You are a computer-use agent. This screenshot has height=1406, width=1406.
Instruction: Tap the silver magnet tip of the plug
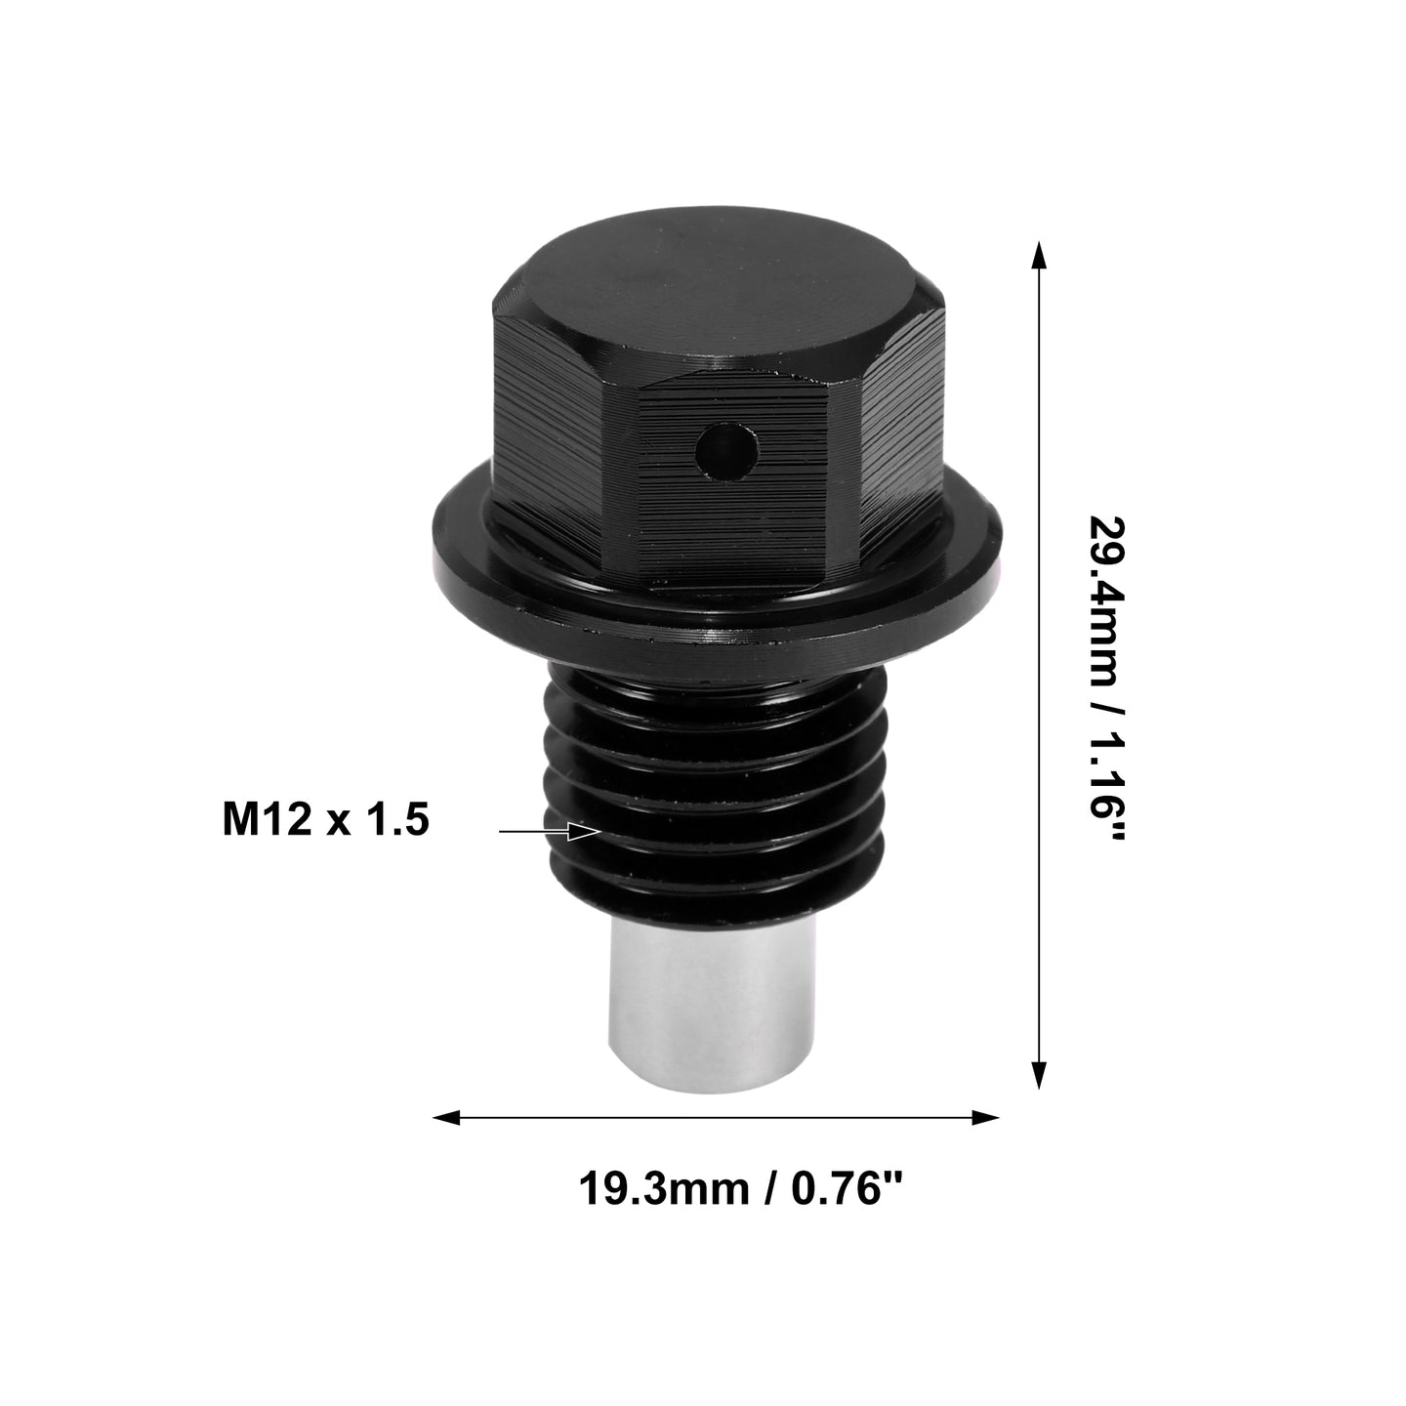pyautogui.click(x=707, y=1007)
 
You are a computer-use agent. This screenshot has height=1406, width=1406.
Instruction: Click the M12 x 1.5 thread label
pyautogui.click(x=326, y=821)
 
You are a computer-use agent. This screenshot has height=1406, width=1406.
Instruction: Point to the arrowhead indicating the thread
pyautogui.click(x=583, y=831)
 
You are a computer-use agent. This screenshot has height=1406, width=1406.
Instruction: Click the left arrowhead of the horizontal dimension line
pyautogui.click(x=446, y=1137)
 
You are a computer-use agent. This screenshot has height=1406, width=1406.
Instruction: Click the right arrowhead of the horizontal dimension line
pyautogui.click(x=985, y=1137)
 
